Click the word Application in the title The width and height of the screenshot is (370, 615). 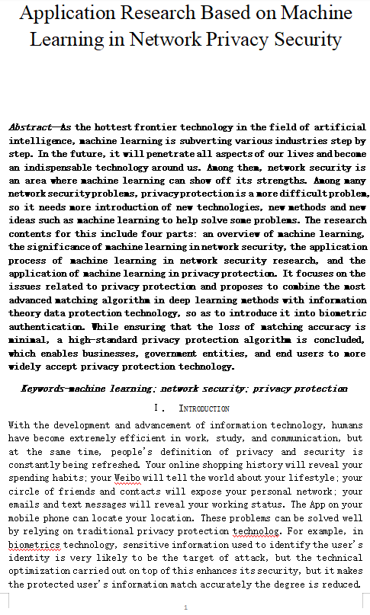click(71, 14)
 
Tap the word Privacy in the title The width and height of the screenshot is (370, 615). click(256, 40)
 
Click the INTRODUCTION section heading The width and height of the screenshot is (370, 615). click(204, 408)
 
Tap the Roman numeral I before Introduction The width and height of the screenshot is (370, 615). click(155, 408)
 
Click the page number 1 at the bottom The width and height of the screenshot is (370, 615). click(185, 607)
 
